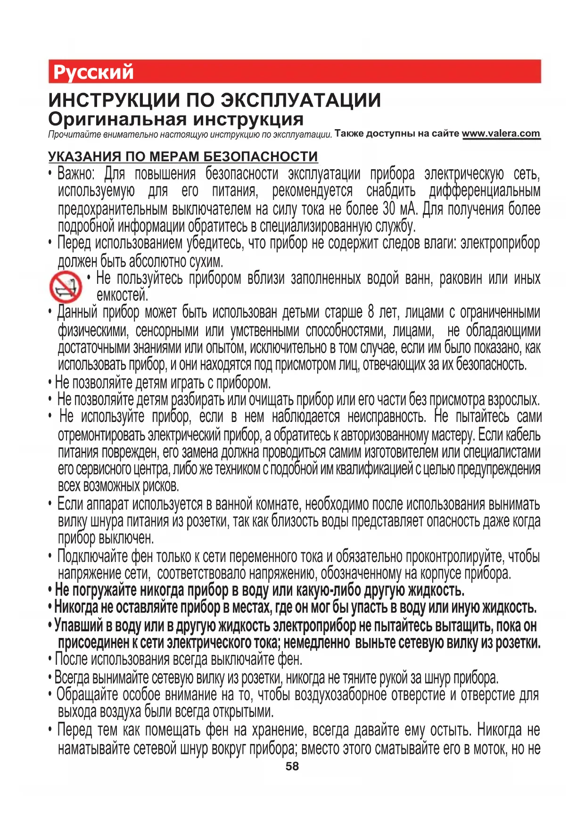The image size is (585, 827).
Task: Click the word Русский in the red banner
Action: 93,72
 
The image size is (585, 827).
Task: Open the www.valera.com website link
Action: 501,133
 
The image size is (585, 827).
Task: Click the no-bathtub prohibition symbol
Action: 66,287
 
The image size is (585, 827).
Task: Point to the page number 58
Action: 292,766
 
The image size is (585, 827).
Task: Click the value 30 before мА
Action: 389,209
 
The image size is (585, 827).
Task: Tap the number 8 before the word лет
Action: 371,312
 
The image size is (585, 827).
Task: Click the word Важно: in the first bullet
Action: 76,174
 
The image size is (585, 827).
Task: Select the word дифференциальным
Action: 485,191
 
